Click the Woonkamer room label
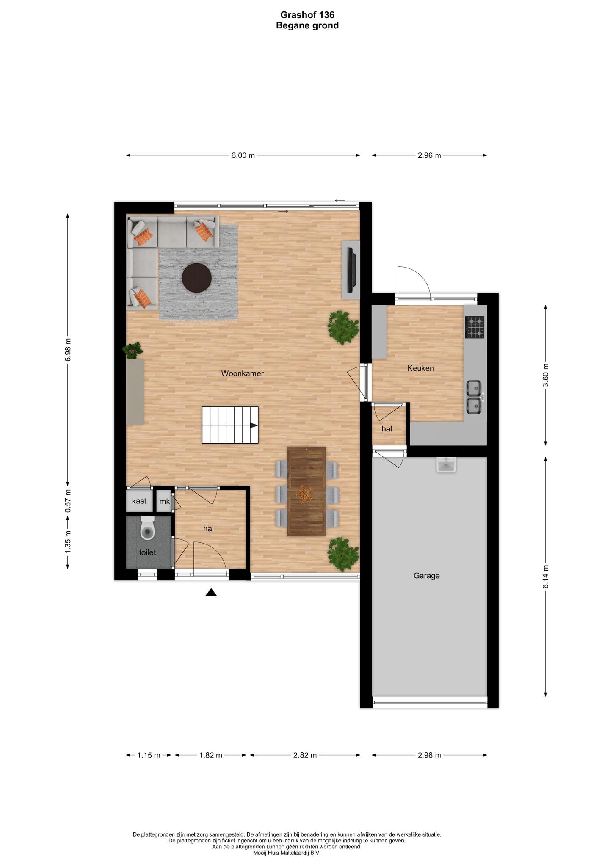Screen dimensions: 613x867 pyautogui.click(x=243, y=373)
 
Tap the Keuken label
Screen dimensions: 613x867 pyautogui.click(x=420, y=368)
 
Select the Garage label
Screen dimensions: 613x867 pyautogui.click(x=426, y=576)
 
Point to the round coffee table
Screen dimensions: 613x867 pyautogui.click(x=197, y=278)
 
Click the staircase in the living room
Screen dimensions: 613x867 pyautogui.click(x=230, y=425)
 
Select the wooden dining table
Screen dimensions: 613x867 pyautogui.click(x=306, y=491)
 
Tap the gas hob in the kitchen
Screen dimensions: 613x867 pyautogui.click(x=475, y=327)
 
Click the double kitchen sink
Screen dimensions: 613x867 pyautogui.click(x=475, y=397)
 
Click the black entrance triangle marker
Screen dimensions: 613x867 pyautogui.click(x=211, y=592)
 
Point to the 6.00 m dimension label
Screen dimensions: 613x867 pyautogui.click(x=243, y=155)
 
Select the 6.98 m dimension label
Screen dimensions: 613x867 pyautogui.click(x=68, y=349)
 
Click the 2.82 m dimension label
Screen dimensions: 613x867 pyautogui.click(x=305, y=755)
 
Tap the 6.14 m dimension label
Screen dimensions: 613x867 pyautogui.click(x=546, y=576)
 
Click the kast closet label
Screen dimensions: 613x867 pyautogui.click(x=139, y=501)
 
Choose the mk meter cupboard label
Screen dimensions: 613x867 pyautogui.click(x=164, y=502)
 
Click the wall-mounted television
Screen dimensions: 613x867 pyautogui.click(x=351, y=270)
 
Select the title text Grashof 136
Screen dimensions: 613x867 pyautogui.click(x=307, y=15)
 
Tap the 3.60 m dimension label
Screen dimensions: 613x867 pyautogui.click(x=546, y=375)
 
